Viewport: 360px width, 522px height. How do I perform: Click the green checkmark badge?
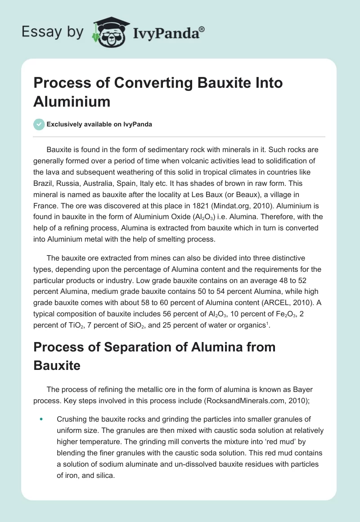tap(39, 124)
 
